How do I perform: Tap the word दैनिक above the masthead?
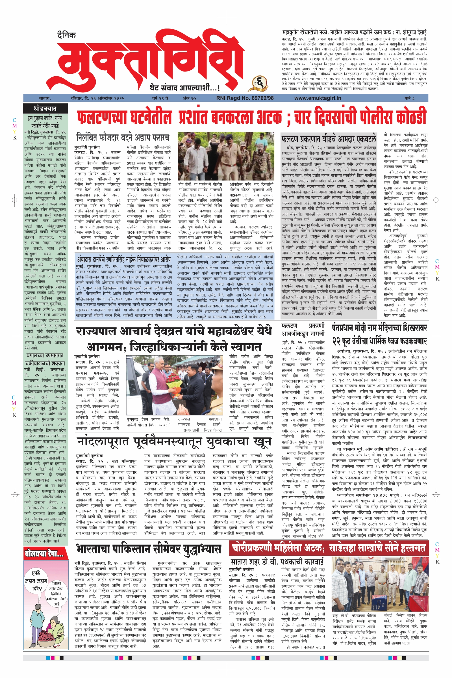(x=66, y=35)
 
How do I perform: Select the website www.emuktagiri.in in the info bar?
(x=317, y=98)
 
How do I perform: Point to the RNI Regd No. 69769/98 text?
(x=245, y=98)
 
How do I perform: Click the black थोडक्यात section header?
(x=45, y=109)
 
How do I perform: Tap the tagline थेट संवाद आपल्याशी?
(x=184, y=87)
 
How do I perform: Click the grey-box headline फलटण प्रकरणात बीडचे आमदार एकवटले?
(x=329, y=139)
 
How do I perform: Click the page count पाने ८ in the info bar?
(x=409, y=98)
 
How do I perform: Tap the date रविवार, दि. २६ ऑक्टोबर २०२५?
(x=97, y=98)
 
